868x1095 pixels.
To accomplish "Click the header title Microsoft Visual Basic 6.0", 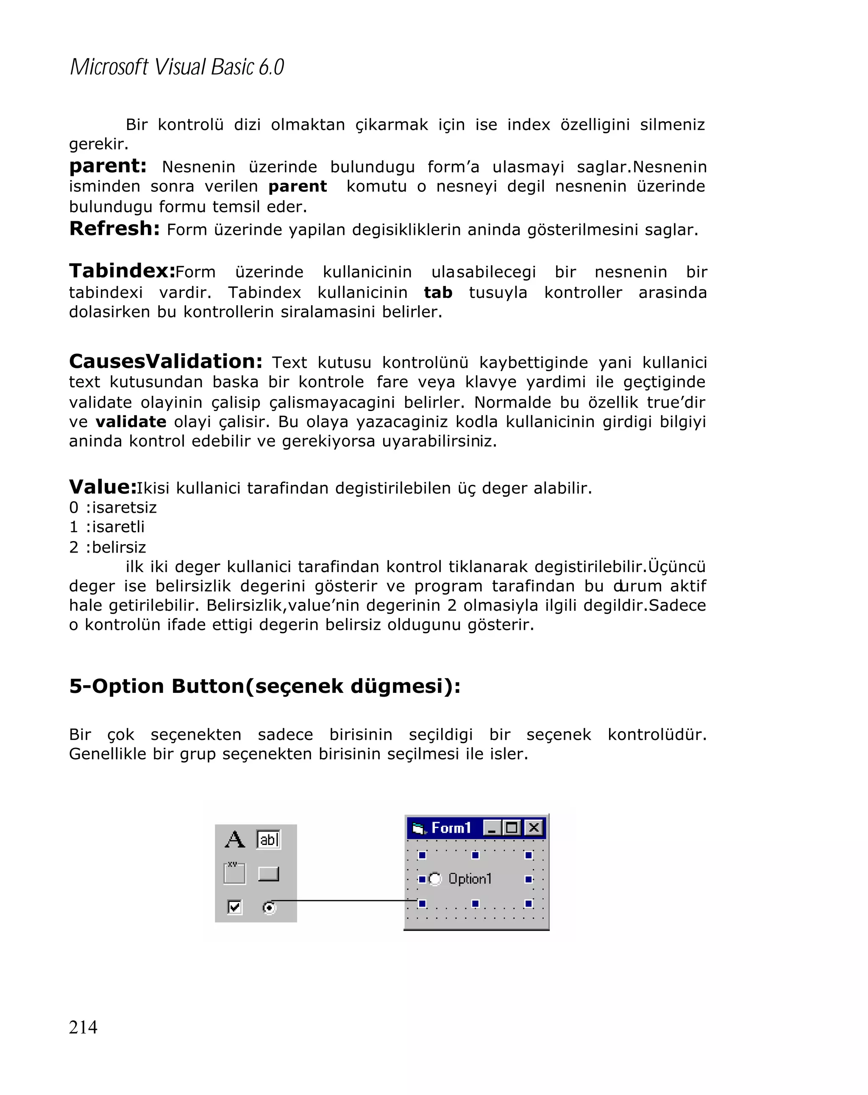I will pyautogui.click(x=177, y=67).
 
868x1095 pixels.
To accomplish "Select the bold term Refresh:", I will pyautogui.click(x=114, y=229).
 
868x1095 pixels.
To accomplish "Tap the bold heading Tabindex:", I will pyautogui.click(x=122, y=271).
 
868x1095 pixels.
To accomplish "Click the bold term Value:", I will pyautogui.click(x=103, y=487).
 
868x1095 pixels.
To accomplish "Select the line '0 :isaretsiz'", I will pyautogui.click(x=113, y=507).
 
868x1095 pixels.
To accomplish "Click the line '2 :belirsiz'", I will pyautogui.click(x=107, y=547).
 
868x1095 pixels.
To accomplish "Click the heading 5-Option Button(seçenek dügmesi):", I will pyautogui.click(x=264, y=686).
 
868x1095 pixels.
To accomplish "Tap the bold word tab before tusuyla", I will pyautogui.click(x=438, y=292).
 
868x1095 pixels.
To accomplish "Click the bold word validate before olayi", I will pyautogui.click(x=131, y=422).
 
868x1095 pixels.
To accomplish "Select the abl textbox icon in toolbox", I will pyautogui.click(x=268, y=839).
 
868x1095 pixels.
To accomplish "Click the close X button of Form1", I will pyautogui.click(x=533, y=828).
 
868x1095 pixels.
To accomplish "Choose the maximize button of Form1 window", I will pyautogui.click(x=512, y=828).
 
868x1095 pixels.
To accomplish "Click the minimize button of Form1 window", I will pyautogui.click(x=491, y=828).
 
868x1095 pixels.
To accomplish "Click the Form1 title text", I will pyautogui.click(x=451, y=828).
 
